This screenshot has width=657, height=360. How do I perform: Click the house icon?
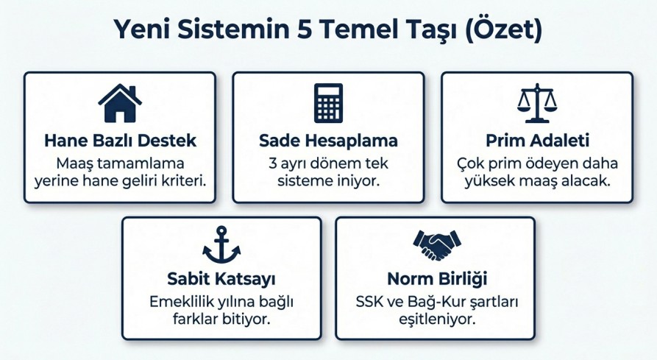click(120, 104)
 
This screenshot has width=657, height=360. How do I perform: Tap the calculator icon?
click(328, 103)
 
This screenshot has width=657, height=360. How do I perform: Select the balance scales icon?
click(537, 103)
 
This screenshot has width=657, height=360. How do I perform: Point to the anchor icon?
click(221, 244)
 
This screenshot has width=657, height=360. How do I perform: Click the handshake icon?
click(436, 244)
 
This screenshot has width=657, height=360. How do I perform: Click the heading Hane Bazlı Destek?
click(120, 141)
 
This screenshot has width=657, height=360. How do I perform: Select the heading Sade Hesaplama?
click(328, 141)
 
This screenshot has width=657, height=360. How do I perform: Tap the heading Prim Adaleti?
click(538, 141)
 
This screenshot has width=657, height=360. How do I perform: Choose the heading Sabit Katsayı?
click(221, 279)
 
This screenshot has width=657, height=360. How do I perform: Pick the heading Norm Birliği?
click(437, 279)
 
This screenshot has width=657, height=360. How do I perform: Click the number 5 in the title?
click(304, 29)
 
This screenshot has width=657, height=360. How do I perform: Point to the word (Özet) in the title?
click(504, 29)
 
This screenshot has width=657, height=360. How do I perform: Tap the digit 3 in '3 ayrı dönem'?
click(273, 163)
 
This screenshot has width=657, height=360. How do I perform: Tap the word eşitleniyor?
click(437, 320)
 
